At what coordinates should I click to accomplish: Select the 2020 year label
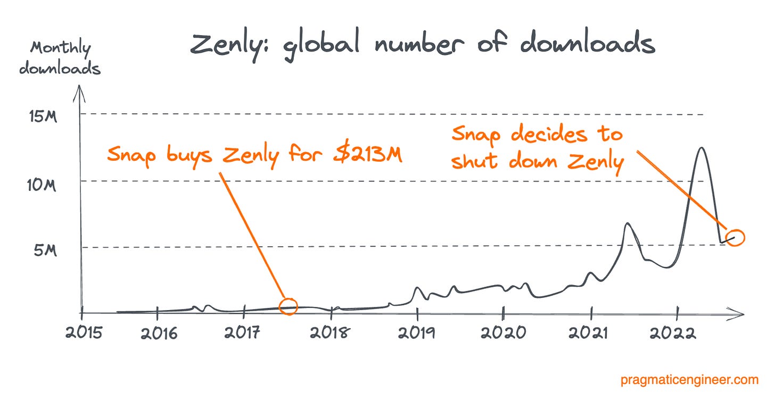[503, 333]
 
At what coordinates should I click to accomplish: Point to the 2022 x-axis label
[676, 333]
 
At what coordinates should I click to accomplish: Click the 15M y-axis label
[42, 116]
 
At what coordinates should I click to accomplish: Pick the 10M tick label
[42, 185]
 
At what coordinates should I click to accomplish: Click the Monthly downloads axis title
[60, 58]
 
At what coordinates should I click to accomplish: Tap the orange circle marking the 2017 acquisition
[288, 305]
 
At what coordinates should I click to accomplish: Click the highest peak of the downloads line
[702, 148]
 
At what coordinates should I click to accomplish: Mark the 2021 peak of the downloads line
[628, 223]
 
